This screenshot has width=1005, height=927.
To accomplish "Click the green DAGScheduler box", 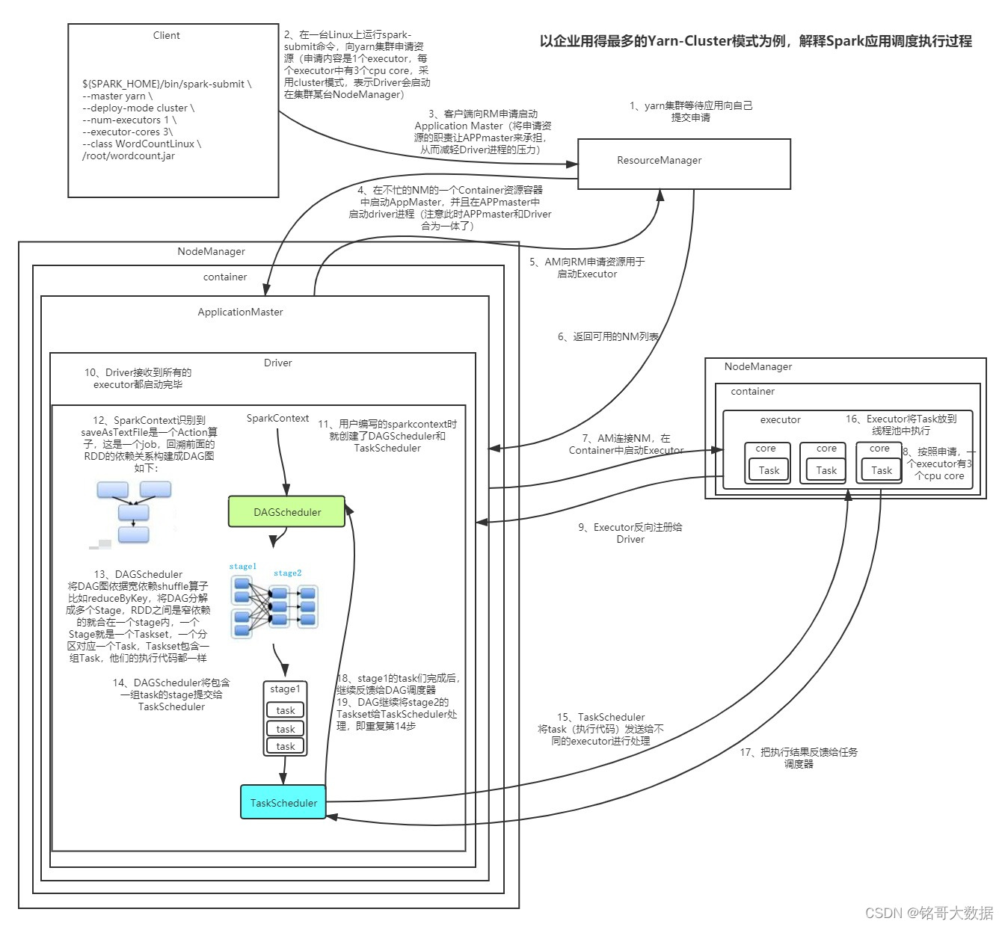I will point(286,512).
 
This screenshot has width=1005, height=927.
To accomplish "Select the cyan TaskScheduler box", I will point(283,802).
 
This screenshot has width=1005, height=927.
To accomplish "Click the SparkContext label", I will point(277,418).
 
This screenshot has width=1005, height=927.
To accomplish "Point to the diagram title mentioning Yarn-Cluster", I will point(755,41).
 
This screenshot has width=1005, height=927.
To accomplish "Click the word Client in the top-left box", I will point(166,35).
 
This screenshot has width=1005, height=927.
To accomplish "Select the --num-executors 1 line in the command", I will point(129,120).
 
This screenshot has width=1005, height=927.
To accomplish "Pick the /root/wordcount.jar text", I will point(128,155).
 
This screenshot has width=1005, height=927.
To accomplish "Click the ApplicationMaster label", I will point(240,312).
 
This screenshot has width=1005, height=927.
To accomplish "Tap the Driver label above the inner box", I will point(277,363).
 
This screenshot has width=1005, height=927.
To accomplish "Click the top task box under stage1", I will point(286,710).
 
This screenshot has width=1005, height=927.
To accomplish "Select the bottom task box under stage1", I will point(286,746).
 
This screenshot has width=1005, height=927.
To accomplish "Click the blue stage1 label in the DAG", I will point(242,566).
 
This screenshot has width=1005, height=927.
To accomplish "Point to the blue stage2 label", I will point(287,573).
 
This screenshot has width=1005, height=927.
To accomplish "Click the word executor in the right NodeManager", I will point(780,419).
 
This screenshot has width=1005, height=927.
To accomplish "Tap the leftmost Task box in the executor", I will point(768,470).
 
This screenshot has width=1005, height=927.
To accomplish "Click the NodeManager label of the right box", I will point(757,366).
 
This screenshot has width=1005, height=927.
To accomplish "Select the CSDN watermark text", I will point(929,912).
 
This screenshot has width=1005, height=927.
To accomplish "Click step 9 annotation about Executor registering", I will point(630,533).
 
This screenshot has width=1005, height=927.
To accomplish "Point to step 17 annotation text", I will point(799,757).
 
